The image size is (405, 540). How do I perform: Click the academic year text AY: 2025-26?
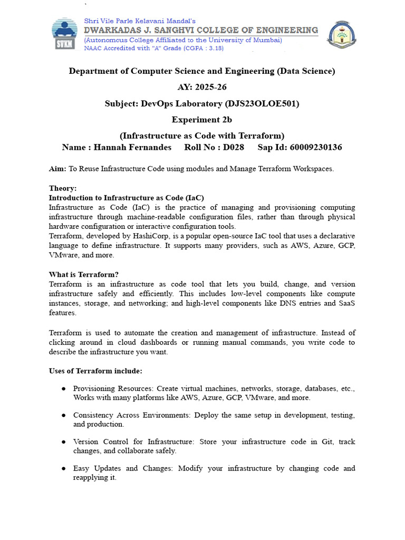tap(202, 87)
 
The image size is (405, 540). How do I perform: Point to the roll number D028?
tap(234, 147)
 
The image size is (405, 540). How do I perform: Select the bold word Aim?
tap(57, 169)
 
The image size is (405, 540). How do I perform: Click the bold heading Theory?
tap(63, 188)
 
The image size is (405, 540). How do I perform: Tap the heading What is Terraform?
tap(84, 274)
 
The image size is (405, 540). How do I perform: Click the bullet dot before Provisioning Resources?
tap(63, 389)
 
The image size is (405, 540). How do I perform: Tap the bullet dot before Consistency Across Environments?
tap(63, 415)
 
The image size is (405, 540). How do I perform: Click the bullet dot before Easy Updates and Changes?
tap(63, 468)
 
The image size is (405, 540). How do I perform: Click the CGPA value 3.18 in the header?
tap(214, 48)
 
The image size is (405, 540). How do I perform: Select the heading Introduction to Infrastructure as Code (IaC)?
tap(126, 198)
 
